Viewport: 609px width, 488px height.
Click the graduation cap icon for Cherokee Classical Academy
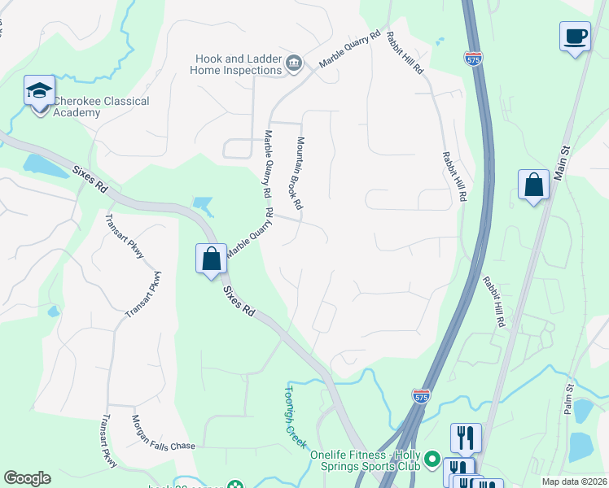click(38, 91)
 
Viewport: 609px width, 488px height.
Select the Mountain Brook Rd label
click(300, 173)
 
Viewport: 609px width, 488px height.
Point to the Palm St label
click(568, 399)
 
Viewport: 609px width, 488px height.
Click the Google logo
click(27, 478)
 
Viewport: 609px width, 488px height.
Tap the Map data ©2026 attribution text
click(574, 481)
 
